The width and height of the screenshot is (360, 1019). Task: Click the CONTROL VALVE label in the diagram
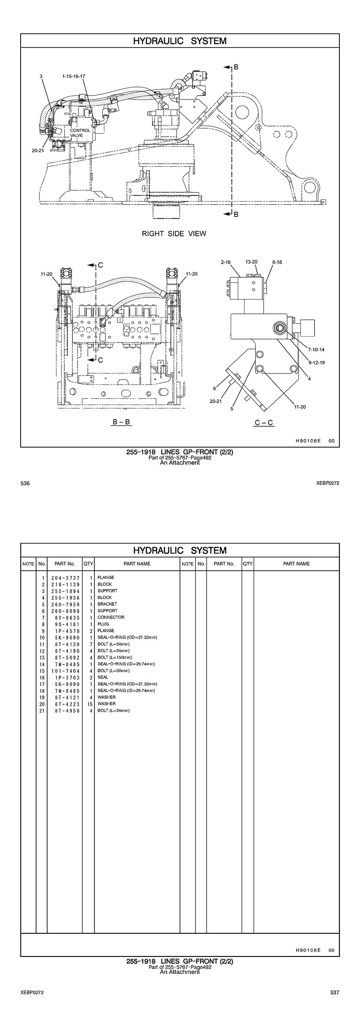80,133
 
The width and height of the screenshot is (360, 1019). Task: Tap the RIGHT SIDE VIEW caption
174,234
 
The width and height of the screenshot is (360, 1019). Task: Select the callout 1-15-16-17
73,76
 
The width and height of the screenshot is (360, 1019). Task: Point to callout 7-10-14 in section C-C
316,349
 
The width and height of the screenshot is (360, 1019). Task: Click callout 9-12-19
316,363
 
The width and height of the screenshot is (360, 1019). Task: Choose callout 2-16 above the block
226,262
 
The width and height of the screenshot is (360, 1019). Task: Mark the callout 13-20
252,262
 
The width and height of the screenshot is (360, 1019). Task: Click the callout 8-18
277,262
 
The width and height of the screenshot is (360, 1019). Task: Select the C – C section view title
264,423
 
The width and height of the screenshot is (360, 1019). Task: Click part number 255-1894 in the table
65,591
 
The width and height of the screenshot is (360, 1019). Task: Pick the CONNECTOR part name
111,617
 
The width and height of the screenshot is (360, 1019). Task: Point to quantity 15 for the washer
90,704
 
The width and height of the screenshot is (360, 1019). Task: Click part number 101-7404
65,671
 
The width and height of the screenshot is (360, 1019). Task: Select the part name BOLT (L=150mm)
115,657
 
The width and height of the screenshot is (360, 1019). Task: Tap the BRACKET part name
107,604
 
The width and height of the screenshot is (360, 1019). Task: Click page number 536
25,483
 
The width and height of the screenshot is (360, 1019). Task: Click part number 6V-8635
65,617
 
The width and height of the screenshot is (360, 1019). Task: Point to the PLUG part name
103,624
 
